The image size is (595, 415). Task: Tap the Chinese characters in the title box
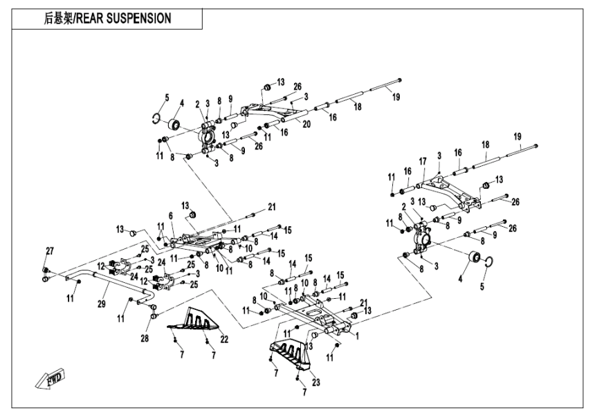coord(62,19)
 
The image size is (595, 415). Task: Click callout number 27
coord(49,250)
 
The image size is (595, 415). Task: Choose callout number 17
coord(422,161)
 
